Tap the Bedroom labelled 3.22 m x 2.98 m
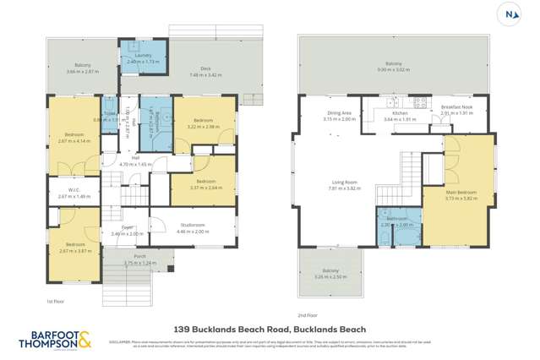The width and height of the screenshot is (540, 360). [x=203, y=123]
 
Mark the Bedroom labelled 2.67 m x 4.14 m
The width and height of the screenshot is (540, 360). [x=74, y=137]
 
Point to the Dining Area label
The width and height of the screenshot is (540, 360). [x=340, y=116]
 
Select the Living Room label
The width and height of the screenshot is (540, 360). [x=344, y=185]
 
